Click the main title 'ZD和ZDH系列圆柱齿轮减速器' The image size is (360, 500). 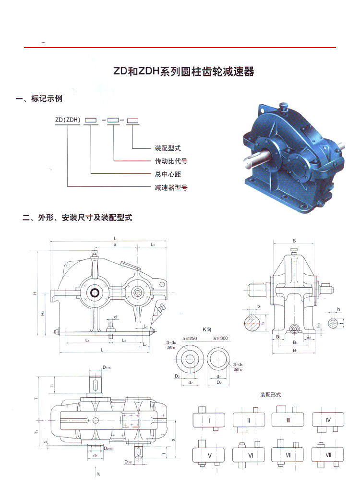click(183, 72)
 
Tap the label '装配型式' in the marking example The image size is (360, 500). click(168, 148)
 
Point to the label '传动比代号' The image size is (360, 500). click(170, 161)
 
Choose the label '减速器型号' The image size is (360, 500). click(170, 187)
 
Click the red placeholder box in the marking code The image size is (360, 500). click(133, 120)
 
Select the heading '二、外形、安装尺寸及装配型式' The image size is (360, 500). click(77, 218)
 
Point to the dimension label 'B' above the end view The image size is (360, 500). click(294, 241)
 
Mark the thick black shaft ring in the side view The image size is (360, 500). click(94, 292)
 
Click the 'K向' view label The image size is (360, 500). click(207, 329)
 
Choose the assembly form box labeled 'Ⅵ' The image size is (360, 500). click(248, 454)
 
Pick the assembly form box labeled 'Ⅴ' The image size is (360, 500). click(209, 454)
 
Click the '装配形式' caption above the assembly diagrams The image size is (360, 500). click(270, 394)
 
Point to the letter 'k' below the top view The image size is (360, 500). click(98, 474)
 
